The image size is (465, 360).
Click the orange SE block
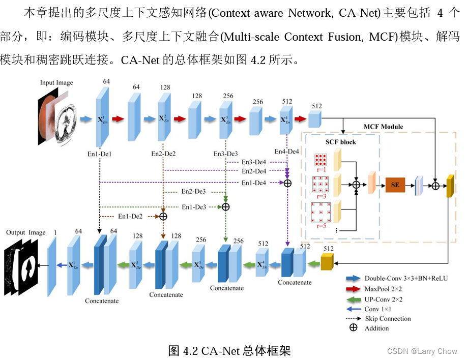coord(395,186)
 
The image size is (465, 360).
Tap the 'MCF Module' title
coord(383,127)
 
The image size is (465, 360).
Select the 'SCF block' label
coord(340,142)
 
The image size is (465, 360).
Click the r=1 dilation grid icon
coord(321,160)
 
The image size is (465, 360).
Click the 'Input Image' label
coord(56,82)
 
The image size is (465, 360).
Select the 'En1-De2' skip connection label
coord(130,216)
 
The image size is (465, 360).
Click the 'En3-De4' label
coord(254,162)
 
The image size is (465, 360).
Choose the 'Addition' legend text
coord(376,328)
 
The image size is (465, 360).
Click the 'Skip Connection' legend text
coord(388,318)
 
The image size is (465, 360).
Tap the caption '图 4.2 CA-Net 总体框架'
coord(229,350)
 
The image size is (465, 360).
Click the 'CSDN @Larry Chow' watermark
coord(422,351)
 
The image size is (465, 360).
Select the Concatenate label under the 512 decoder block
coord(295,282)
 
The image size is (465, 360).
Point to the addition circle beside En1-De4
coord(287,183)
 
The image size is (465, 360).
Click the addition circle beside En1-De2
coord(163,216)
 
